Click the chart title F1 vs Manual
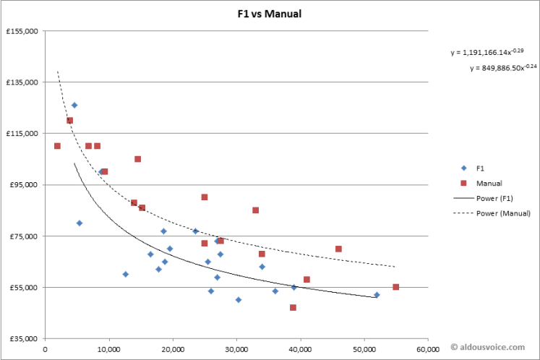[269, 14]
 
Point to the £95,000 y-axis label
[24, 185]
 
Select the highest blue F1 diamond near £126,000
[74, 105]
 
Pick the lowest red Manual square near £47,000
[293, 307]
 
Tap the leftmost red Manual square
[57, 146]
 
